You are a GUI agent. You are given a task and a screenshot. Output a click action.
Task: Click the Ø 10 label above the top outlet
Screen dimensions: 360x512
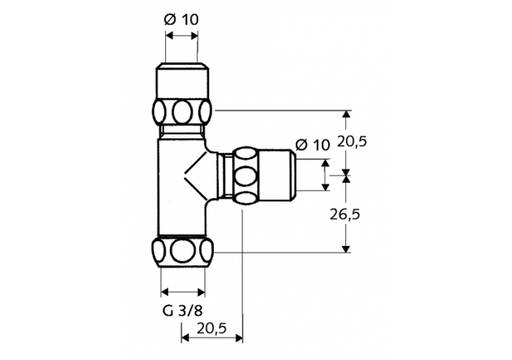coord(181,19)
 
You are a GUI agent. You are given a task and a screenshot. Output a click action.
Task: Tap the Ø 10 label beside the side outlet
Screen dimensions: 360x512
coord(312,144)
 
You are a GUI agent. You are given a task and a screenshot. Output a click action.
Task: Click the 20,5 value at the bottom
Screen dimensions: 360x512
coord(212,328)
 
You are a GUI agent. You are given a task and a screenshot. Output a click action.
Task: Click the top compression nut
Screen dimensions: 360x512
coord(182,111)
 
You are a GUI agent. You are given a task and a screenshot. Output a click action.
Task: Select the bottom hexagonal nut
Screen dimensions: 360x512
coord(182,251)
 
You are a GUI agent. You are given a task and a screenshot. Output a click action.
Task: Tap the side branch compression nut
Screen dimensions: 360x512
coord(244,176)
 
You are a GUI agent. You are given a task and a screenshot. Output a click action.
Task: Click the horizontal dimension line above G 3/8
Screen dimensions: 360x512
coord(182,288)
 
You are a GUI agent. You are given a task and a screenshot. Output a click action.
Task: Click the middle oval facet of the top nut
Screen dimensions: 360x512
coord(182,111)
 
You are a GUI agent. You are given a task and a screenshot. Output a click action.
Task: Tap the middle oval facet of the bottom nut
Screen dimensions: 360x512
coord(182,251)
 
